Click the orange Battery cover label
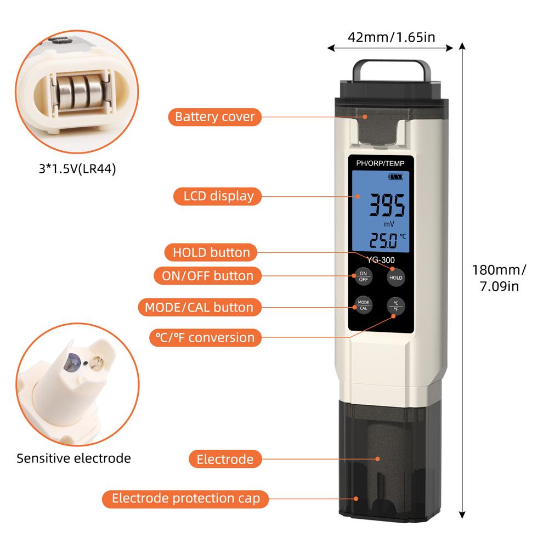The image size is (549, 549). pos(214,117)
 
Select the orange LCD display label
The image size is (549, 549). pos(214,196)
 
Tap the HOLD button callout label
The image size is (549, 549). pos(211,252)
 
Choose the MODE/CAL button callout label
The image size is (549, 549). pos(199,307)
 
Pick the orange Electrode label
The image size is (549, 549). pos(225,459)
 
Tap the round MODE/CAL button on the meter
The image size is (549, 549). pos(363,305)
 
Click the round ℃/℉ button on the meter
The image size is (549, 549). pos(395,305)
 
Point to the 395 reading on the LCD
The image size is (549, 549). pos(387,206)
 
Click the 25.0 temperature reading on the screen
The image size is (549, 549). pos(382,240)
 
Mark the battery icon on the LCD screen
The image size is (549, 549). pos(396,177)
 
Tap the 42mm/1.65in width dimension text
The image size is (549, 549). pos(391,37)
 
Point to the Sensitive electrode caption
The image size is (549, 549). pos(73,458)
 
